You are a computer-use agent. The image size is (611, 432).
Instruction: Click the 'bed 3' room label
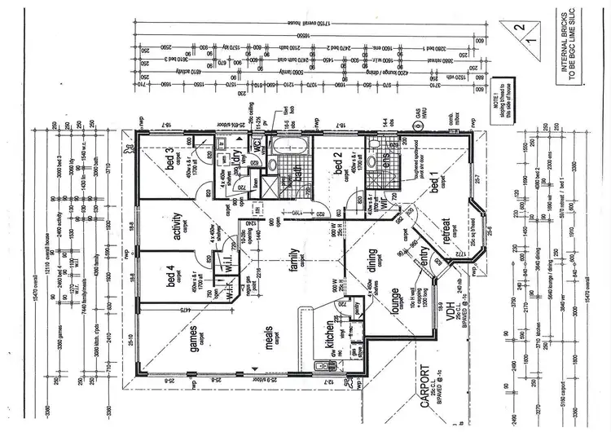click(x=170, y=161)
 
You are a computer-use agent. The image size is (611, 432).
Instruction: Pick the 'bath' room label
click(x=288, y=176)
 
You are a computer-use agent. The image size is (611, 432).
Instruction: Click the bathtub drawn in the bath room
click(x=289, y=151)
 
